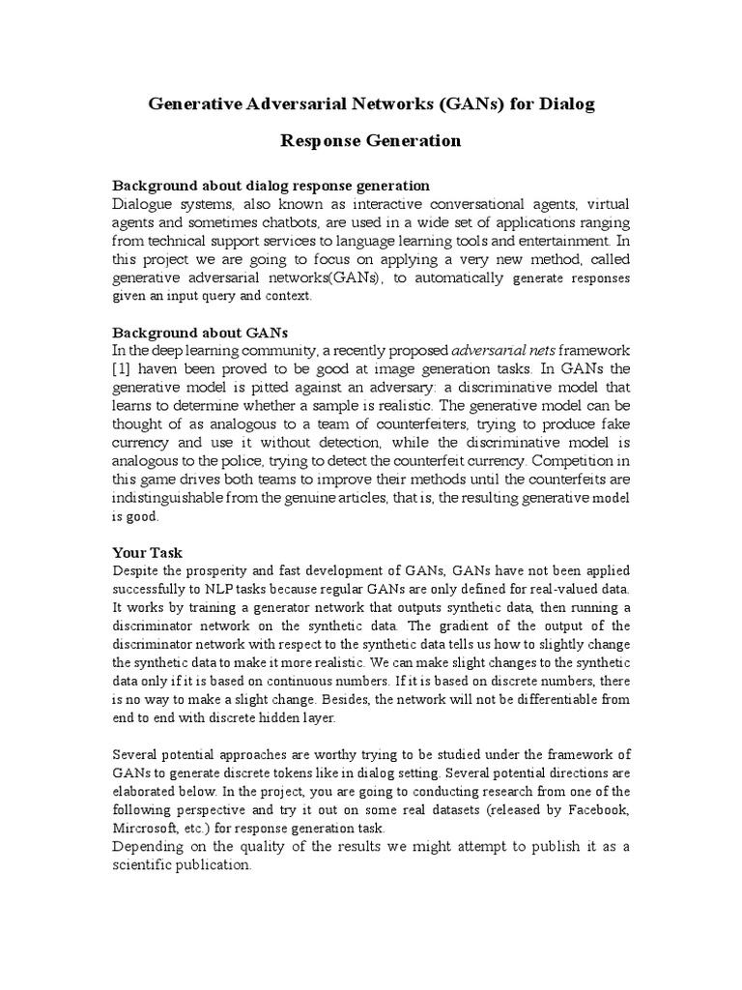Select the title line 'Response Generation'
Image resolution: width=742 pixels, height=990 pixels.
click(x=371, y=141)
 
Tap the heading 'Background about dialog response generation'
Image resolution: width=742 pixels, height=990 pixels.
click(x=271, y=185)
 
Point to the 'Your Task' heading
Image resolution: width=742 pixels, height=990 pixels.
click(x=148, y=552)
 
